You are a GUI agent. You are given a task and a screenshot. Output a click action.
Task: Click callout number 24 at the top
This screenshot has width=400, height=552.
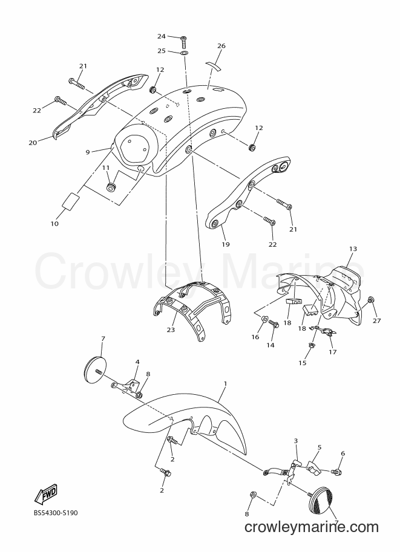click(162, 36)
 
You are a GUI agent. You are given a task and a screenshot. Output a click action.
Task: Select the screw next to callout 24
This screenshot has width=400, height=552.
click(183, 42)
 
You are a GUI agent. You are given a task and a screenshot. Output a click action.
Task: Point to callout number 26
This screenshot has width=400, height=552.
click(221, 46)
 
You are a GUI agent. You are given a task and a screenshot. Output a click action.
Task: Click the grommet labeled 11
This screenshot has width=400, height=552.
click(112, 186)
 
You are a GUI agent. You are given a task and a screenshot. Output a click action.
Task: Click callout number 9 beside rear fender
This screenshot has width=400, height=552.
click(88, 152)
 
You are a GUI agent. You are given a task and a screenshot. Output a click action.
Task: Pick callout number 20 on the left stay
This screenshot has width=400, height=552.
click(33, 143)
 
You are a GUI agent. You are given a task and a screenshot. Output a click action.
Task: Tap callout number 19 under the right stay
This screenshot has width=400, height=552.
click(226, 244)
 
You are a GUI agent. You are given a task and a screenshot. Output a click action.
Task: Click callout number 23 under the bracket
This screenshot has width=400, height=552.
click(171, 330)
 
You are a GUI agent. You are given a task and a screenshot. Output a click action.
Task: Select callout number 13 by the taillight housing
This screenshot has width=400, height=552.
click(353, 248)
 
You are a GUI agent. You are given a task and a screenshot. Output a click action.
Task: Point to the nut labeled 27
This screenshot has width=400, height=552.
click(370, 300)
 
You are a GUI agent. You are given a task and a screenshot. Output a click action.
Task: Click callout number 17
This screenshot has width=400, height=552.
click(333, 352)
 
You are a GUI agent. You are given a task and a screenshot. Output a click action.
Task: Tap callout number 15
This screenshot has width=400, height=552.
click(303, 363)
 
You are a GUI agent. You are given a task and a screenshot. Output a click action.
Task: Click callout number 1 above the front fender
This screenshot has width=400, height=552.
click(226, 383)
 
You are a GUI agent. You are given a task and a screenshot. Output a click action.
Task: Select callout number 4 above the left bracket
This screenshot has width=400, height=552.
click(137, 362)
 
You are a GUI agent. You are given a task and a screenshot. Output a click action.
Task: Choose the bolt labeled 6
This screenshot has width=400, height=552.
click(336, 471)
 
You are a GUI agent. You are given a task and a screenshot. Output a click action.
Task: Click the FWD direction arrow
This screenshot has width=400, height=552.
click(45, 493)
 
